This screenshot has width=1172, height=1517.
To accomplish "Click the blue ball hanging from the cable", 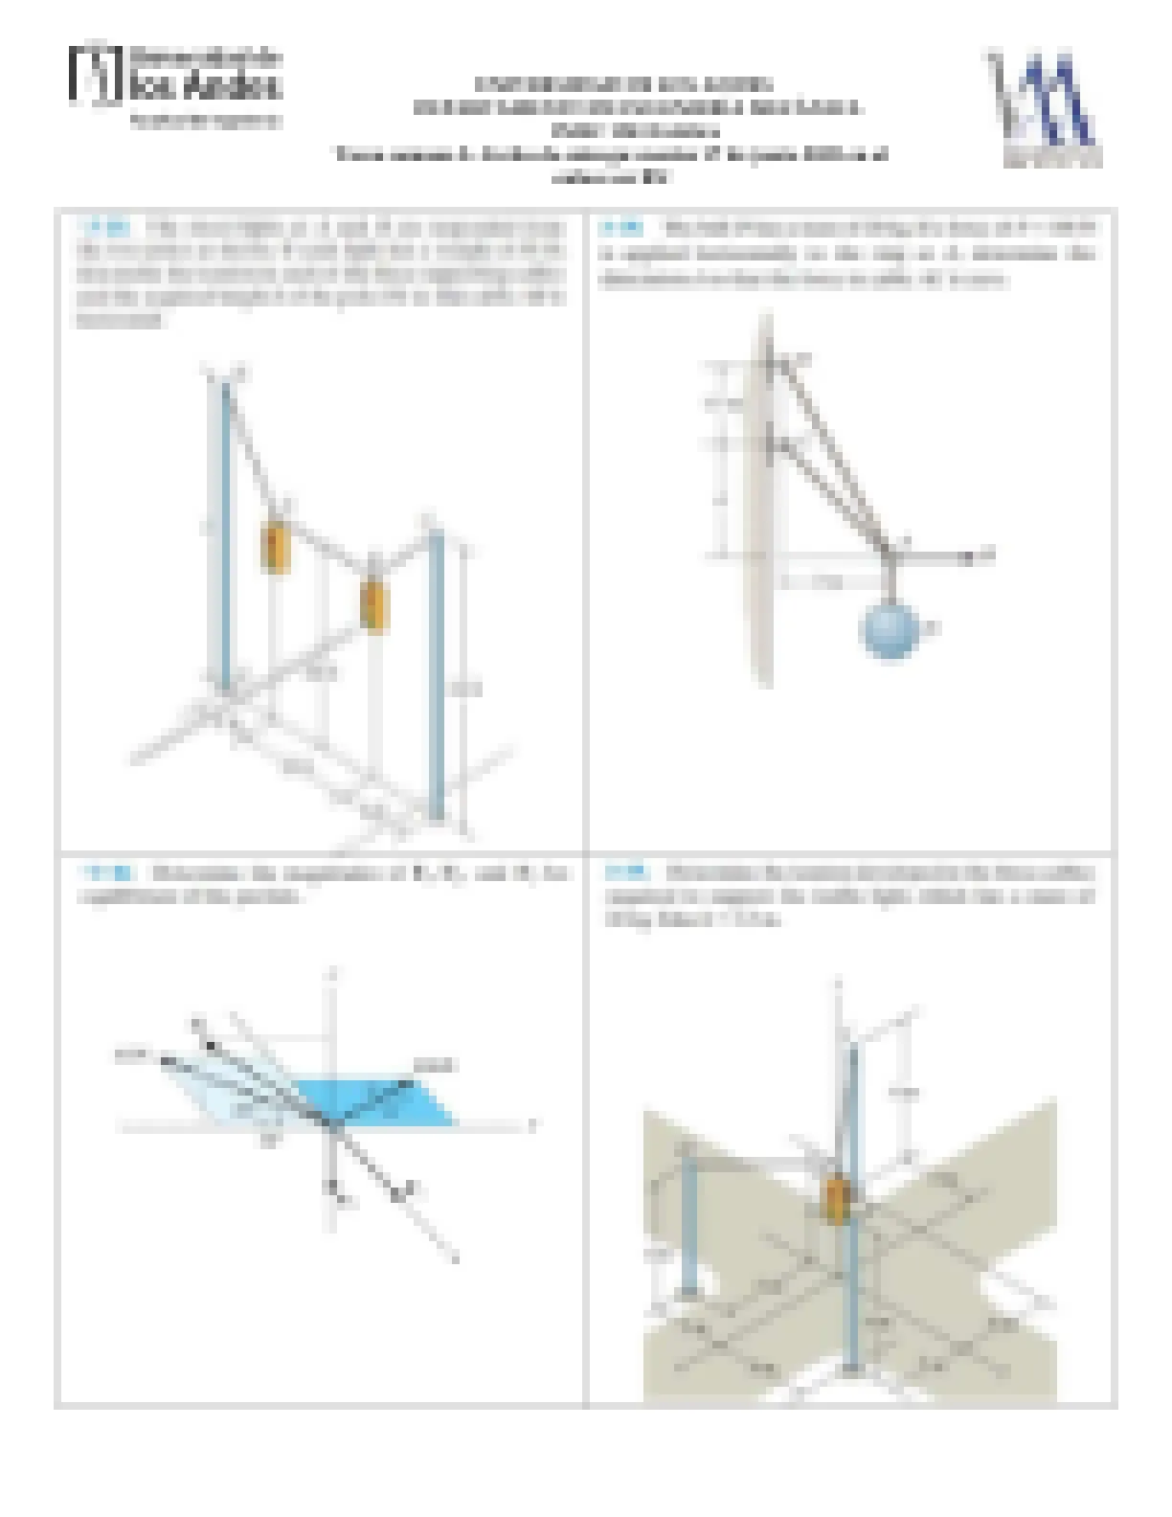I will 890,628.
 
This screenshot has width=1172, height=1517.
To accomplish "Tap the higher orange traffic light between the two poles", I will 276,548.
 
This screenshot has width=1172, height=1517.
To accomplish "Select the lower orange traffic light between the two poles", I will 373,604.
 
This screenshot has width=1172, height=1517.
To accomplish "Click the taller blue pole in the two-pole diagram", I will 224,536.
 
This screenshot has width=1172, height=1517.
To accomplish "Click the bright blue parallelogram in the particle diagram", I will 378,1101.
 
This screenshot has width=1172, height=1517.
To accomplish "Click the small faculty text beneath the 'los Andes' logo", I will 205,122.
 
